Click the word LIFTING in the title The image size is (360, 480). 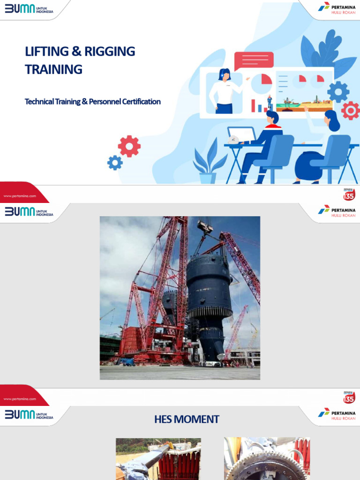(45, 52)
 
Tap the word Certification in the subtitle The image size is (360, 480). (139, 101)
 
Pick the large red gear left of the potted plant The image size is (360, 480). (129, 146)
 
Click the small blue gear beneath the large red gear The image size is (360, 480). (115, 163)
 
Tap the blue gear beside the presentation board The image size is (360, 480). (338, 91)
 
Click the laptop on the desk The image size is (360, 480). (241, 135)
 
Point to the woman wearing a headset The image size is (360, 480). (225, 91)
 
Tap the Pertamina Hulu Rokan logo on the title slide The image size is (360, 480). (337, 8)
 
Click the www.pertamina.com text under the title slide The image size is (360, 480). (20, 196)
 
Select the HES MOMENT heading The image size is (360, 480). (187, 419)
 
